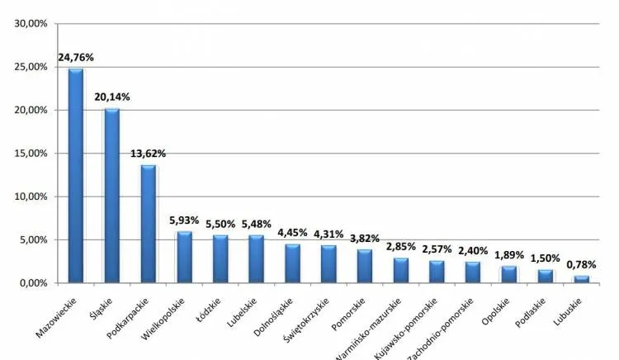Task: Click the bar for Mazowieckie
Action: point(75,175)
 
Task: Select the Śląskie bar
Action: point(111,196)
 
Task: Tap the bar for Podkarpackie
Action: point(148,224)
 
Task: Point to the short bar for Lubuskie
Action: point(583,279)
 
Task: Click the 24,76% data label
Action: point(75,58)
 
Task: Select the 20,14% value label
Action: point(111,97)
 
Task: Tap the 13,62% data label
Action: point(149,154)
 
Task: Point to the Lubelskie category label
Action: point(245,308)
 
